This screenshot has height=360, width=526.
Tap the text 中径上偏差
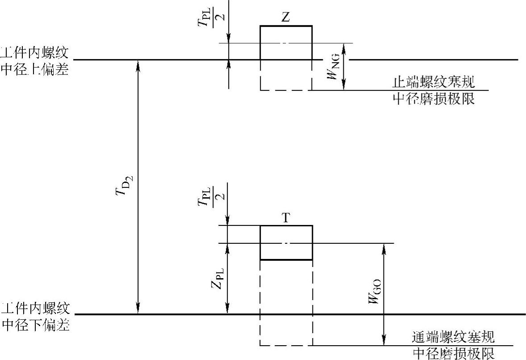coord(35,70)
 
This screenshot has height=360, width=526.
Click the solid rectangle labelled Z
coord(286,42)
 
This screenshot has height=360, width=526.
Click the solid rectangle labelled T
coord(286,242)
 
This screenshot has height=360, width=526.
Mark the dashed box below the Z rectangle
coord(286,76)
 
